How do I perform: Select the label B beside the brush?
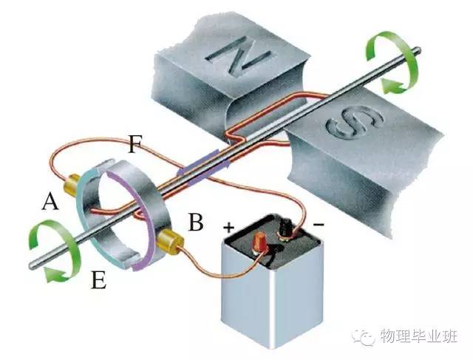(195, 222)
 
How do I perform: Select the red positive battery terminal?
(261, 242)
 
